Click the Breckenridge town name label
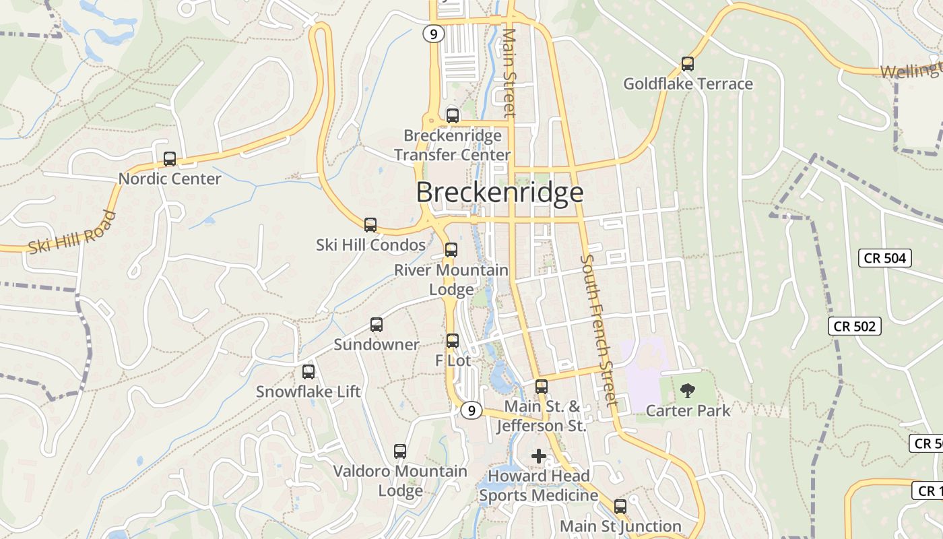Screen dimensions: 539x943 click(x=499, y=193)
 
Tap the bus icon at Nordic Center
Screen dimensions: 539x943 click(x=170, y=159)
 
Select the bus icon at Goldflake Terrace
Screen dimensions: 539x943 click(x=687, y=64)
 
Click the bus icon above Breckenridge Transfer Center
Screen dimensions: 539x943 click(x=453, y=115)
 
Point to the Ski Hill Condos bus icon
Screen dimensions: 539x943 click(x=370, y=225)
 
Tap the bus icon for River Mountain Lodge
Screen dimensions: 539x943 click(x=451, y=250)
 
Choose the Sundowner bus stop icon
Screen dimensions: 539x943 click(x=377, y=325)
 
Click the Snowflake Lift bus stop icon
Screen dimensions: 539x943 click(x=308, y=371)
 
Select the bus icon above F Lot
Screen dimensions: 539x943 click(x=453, y=341)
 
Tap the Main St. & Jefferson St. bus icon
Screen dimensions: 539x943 click(x=542, y=387)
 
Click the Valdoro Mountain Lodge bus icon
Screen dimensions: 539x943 click(x=400, y=451)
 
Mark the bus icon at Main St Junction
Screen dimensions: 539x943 click(x=620, y=506)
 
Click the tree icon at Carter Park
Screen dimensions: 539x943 click(x=687, y=390)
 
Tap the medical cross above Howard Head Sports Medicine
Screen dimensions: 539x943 click(x=539, y=456)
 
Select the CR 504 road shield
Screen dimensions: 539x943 click(x=885, y=258)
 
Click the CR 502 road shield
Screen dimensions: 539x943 click(x=854, y=326)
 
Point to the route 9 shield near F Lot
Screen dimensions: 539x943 click(x=471, y=410)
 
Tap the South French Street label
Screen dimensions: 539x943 click(x=599, y=330)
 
